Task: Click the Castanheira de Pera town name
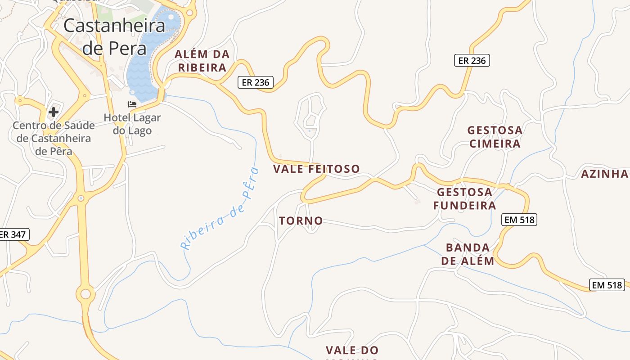[114, 36]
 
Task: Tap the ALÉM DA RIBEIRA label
[202, 61]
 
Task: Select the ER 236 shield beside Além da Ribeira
[255, 82]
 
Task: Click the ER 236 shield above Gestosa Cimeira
[472, 60]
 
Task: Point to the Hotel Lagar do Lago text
[132, 124]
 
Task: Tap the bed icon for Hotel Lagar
[132, 104]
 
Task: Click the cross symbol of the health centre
[54, 112]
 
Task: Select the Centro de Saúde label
[54, 138]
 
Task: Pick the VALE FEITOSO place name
[317, 169]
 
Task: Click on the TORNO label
[301, 221]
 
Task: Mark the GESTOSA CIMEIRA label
[495, 137]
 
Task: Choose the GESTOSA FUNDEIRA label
[465, 199]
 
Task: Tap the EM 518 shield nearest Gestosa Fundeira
[519, 220]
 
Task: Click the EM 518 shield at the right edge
[607, 285]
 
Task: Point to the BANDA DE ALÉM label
[468, 254]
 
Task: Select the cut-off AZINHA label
[605, 174]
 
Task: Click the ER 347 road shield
[13, 234]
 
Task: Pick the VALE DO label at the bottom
[352, 350]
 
